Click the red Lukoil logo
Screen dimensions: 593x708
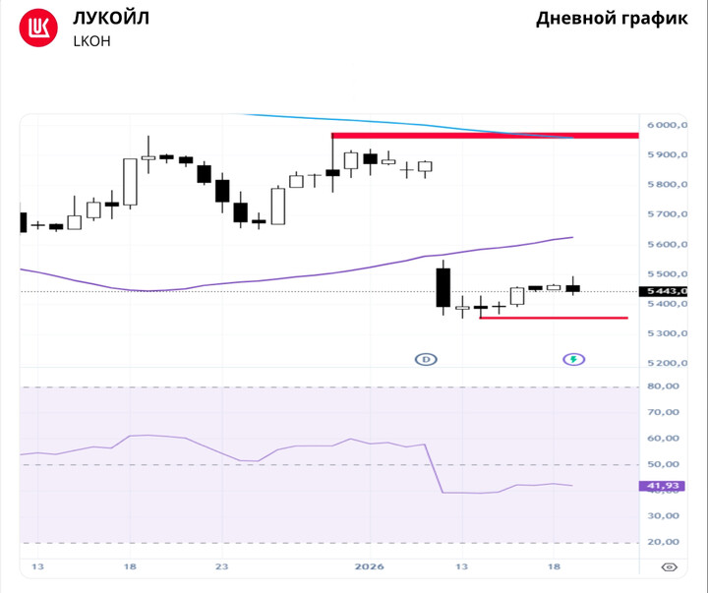point(39,29)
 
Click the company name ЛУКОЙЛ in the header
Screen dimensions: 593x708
point(111,18)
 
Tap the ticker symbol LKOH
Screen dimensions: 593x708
point(91,41)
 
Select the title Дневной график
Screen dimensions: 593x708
point(612,19)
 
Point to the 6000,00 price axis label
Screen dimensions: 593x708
point(666,125)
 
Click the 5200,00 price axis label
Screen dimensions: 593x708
point(666,364)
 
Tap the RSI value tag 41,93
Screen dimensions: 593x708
point(660,485)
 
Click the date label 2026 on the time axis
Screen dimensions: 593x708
point(370,566)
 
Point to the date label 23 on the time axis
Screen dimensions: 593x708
point(221,566)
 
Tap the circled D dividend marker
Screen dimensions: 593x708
point(426,359)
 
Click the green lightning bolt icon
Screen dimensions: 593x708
point(573,359)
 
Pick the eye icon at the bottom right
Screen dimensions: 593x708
point(669,567)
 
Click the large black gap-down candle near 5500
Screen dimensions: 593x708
point(443,287)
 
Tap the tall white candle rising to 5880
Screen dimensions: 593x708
point(130,182)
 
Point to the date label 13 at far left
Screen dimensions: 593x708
point(37,566)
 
